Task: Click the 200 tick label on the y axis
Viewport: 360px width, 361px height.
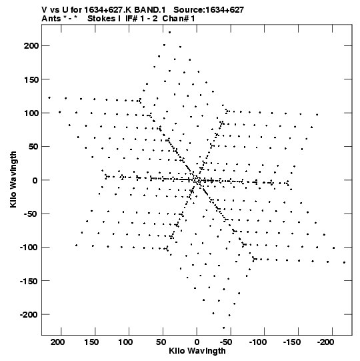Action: tap(31, 46)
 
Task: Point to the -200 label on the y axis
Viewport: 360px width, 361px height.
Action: tap(29, 314)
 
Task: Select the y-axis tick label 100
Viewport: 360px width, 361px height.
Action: tap(31, 113)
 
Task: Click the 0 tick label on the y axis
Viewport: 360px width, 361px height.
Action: tap(35, 180)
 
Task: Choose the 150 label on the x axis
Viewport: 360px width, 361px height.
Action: tap(91, 342)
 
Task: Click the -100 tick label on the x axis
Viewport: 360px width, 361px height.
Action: tap(258, 342)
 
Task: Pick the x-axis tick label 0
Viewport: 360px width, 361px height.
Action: tap(197, 342)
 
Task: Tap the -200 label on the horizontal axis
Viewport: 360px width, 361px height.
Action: tap(326, 342)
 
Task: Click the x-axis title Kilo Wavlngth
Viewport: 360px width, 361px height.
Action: tap(197, 351)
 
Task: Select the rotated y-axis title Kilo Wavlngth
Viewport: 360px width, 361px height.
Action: tap(13, 179)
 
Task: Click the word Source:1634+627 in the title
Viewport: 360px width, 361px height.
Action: tap(209, 10)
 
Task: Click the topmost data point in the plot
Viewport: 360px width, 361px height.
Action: tap(170, 32)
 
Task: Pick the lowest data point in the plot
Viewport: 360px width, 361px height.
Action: tap(224, 328)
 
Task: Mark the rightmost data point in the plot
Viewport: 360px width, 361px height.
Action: tap(345, 262)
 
